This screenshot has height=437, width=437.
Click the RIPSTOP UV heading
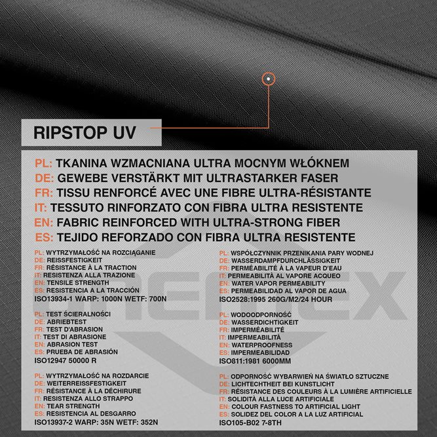pos(85,133)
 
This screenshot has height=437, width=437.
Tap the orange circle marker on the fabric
pos(268,79)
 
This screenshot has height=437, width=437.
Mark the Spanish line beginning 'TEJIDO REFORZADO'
pos(206,237)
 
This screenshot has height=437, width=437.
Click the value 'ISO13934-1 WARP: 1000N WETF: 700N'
pos(101,299)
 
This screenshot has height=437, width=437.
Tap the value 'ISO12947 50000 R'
pos(66,360)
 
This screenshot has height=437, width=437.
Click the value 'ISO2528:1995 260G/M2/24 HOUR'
pos(275,299)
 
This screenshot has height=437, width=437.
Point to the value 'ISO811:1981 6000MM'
pos(256,361)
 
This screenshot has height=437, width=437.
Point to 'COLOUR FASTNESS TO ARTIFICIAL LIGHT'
pos(305,406)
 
